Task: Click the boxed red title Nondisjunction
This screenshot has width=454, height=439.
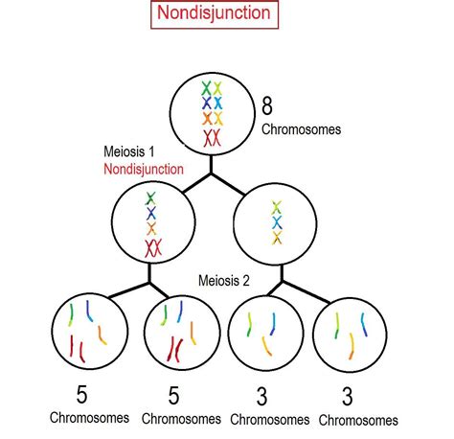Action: tap(214, 13)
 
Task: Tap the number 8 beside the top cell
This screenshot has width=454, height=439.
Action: tap(267, 105)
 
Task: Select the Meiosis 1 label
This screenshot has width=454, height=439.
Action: tap(129, 151)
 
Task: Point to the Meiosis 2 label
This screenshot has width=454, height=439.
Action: tap(224, 281)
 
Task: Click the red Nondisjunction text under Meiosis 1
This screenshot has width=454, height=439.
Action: tap(144, 169)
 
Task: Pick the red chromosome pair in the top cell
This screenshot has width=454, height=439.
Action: tap(212, 138)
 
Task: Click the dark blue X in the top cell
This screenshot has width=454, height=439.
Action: tap(207, 103)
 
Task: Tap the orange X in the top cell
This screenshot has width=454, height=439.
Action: tap(207, 119)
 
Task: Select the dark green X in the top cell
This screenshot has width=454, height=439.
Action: tap(206, 88)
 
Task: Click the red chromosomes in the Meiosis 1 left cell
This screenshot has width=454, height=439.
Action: tap(153, 247)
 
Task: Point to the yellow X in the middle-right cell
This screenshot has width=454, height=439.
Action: tap(277, 238)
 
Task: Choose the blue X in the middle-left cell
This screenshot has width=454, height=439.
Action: tap(151, 213)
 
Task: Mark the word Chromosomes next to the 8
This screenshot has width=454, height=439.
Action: tap(301, 129)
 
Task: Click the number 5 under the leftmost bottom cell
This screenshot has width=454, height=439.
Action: tap(81, 395)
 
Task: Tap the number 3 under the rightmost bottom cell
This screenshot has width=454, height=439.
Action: tap(348, 397)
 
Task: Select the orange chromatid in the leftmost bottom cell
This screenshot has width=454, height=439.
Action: tap(102, 335)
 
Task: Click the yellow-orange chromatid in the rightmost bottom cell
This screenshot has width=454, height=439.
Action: tap(352, 346)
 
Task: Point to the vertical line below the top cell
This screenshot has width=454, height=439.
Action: tap(211, 164)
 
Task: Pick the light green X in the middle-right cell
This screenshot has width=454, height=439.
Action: tap(277, 207)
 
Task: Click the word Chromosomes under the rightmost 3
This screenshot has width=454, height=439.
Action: tap(358, 420)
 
